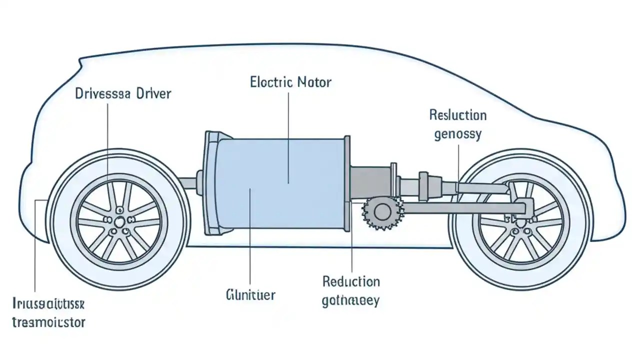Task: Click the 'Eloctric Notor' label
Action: [x=290, y=82]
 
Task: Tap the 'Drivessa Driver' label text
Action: [x=123, y=93]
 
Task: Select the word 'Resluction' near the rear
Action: [x=457, y=115]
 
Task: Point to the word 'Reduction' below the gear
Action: [x=351, y=281]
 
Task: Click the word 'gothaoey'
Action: [x=351, y=300]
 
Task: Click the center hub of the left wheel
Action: [x=120, y=222]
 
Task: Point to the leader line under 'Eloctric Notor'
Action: [x=289, y=135]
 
